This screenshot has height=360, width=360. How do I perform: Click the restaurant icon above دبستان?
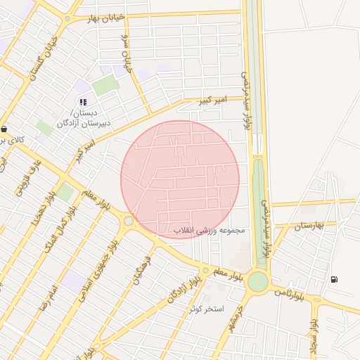coord(84,102)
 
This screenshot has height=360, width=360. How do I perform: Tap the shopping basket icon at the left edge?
coord(5,129)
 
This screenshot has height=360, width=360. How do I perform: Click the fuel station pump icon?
coord(333,279)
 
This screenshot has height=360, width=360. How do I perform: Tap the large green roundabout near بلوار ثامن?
coord(257,281)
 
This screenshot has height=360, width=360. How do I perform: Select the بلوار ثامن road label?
coord(288,293)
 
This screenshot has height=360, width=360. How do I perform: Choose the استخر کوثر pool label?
coord(206,309)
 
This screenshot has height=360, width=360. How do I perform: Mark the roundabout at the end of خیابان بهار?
coord(67,20)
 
